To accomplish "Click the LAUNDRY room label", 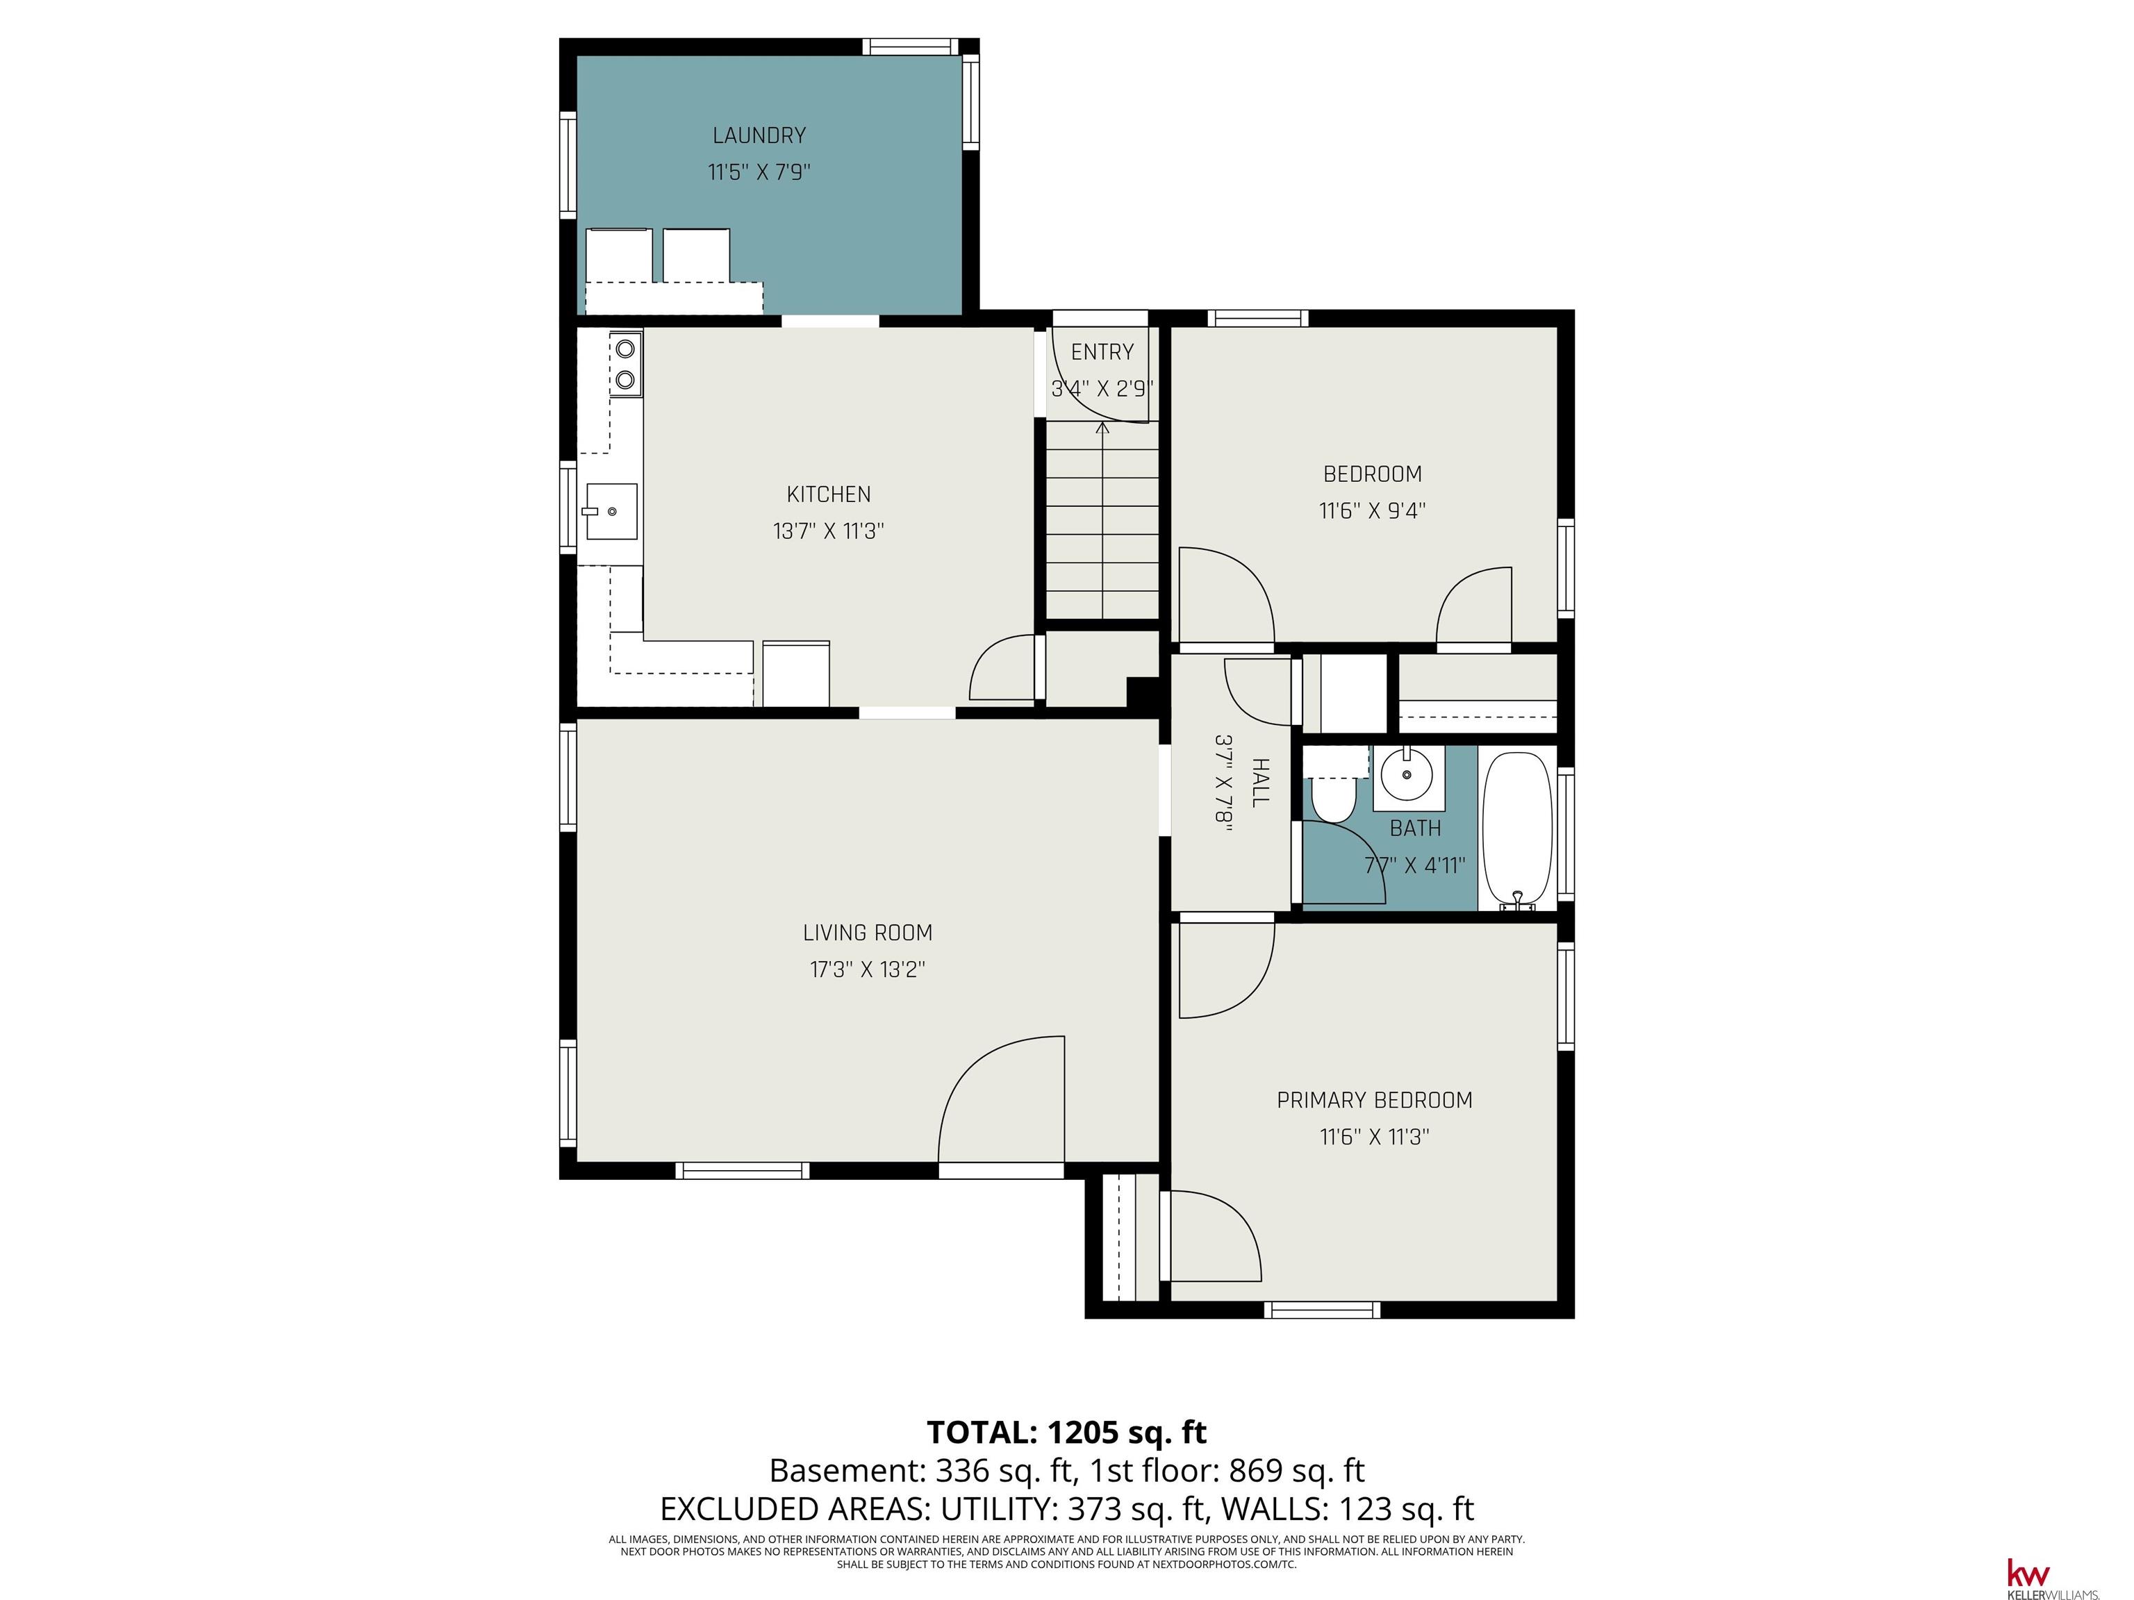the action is tap(759, 136).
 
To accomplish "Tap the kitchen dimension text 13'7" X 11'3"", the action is tap(828, 531).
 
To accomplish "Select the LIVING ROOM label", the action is tap(868, 933).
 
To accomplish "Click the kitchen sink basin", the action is tap(610, 511).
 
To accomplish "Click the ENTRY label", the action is tap(1102, 352).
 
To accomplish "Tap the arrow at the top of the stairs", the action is tap(1102, 427).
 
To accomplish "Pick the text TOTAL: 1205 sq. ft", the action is tap(1067, 1432).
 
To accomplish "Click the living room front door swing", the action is tap(1000, 1099).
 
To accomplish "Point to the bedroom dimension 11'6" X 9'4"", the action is tap(1372, 511).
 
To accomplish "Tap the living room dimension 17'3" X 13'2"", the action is tap(868, 969).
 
